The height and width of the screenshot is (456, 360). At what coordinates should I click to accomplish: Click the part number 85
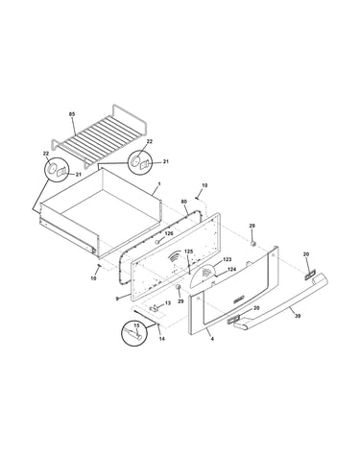pyautogui.click(x=72, y=114)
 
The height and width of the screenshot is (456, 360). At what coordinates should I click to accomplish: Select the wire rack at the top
pyautogui.click(x=99, y=135)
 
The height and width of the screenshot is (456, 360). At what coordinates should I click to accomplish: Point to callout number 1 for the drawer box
pyautogui.click(x=159, y=184)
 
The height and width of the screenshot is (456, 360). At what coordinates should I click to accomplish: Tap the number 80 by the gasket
pyautogui.click(x=184, y=202)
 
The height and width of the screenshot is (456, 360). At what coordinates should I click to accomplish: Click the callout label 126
pyautogui.click(x=169, y=233)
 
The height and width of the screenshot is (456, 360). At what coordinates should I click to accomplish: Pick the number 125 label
pyautogui.click(x=189, y=252)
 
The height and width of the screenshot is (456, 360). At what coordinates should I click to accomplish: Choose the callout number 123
pyautogui.click(x=227, y=259)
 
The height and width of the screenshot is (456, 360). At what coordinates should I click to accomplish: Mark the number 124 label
pyautogui.click(x=231, y=270)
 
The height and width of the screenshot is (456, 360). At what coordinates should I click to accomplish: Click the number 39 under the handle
pyautogui.click(x=298, y=316)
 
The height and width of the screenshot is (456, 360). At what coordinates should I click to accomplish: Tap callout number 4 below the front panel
pyautogui.click(x=212, y=338)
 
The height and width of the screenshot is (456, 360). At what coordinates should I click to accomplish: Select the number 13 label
pyautogui.click(x=168, y=303)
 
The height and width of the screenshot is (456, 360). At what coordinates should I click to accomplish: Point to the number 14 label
pyautogui.click(x=162, y=339)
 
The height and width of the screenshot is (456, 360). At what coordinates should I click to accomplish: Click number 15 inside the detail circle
pyautogui.click(x=136, y=325)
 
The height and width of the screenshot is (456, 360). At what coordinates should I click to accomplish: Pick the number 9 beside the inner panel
pyautogui.click(x=117, y=299)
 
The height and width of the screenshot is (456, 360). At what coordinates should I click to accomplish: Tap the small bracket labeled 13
pyautogui.click(x=155, y=308)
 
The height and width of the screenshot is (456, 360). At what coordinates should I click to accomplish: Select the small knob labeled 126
pyautogui.click(x=157, y=242)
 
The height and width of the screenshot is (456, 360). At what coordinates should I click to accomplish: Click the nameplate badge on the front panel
pyautogui.click(x=238, y=300)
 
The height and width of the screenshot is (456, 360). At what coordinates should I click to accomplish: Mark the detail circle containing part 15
pyautogui.click(x=133, y=333)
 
